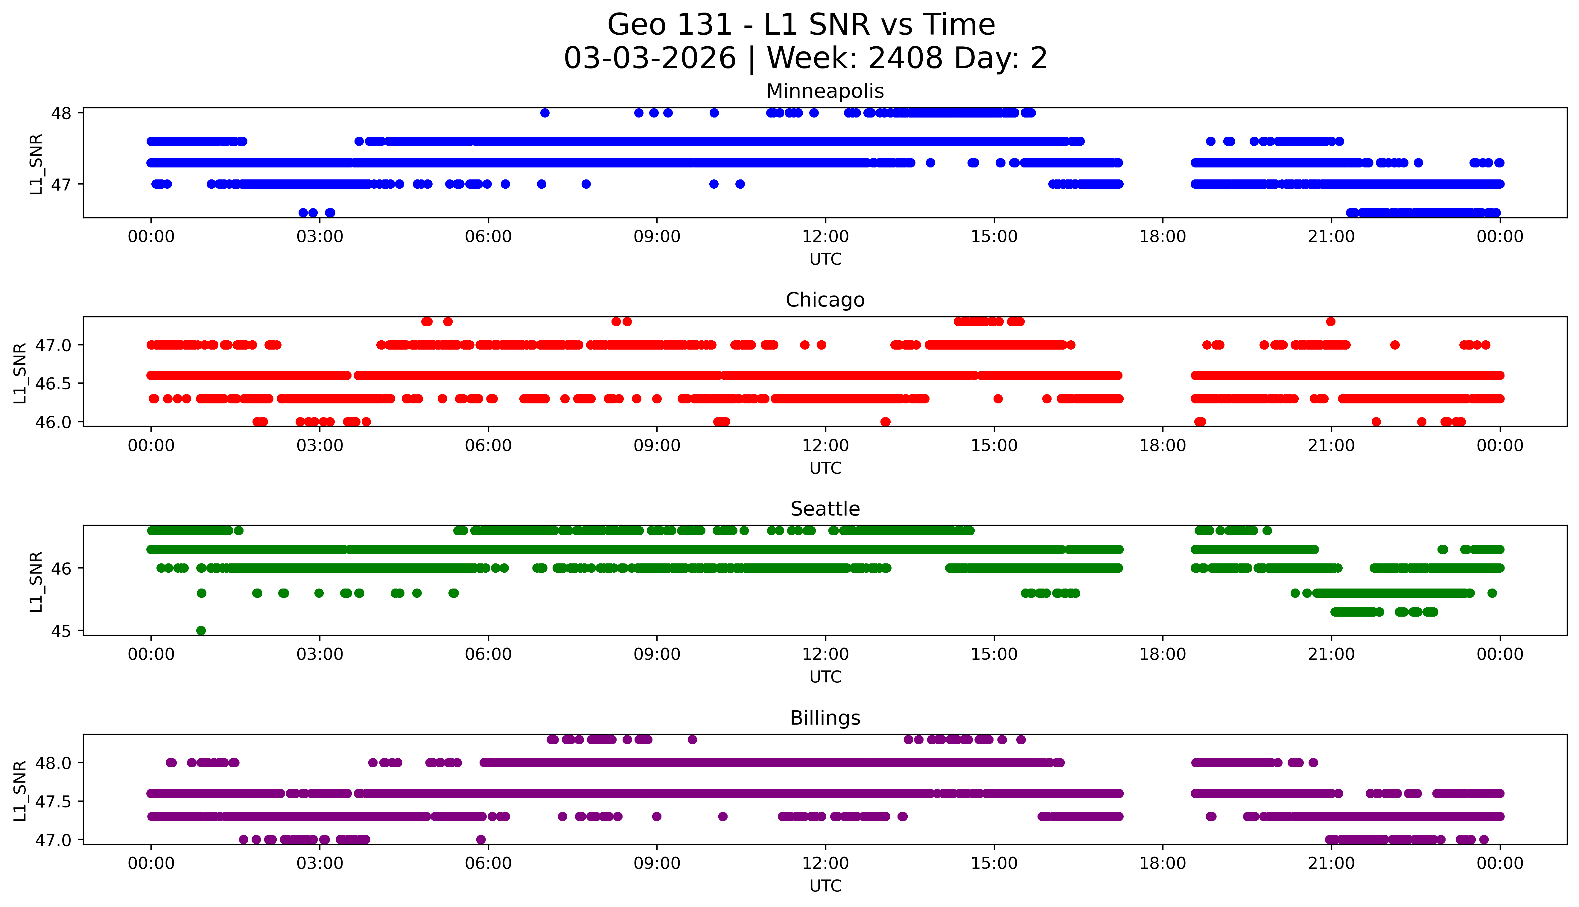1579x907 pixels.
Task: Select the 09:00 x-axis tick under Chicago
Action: pos(657,445)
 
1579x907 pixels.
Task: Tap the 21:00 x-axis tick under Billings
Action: pos(1331,863)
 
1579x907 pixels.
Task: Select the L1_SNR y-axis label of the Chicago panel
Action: pos(20,373)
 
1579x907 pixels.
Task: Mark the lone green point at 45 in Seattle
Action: pos(201,630)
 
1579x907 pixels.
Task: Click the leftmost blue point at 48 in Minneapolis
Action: pos(544,113)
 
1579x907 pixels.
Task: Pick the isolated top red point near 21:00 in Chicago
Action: pos(1330,321)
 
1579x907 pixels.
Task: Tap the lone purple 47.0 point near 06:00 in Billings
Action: pos(480,839)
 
